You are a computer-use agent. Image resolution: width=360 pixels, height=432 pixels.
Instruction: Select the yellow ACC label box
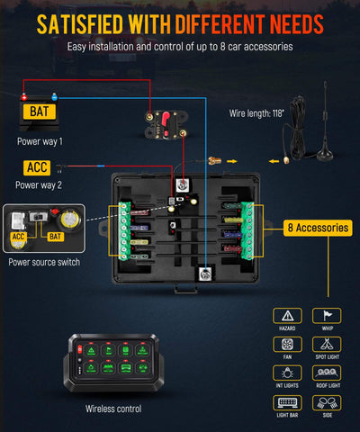point(36,167)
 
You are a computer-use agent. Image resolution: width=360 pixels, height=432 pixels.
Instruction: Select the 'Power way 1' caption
point(40,141)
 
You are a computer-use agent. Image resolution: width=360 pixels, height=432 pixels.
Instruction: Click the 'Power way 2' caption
point(40,185)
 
